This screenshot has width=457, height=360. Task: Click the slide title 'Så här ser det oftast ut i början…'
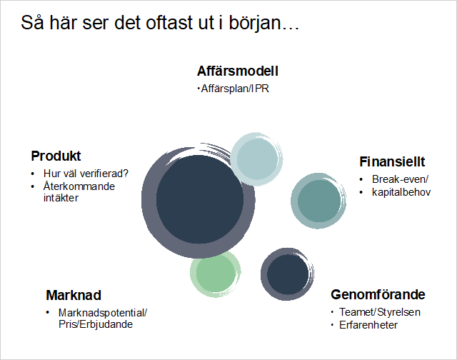coord(160,23)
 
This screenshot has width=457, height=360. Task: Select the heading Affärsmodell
coord(238,71)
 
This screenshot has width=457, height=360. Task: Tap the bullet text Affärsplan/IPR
coord(235,89)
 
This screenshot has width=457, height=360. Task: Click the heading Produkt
coord(56,156)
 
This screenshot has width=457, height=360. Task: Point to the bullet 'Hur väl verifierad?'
coord(86,174)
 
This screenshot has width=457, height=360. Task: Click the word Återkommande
coord(79,186)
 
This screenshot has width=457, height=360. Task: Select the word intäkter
coord(61,198)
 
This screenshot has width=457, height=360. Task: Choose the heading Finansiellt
coord(392,161)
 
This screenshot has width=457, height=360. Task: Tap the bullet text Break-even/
coord(400,179)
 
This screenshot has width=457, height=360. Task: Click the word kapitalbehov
coord(401,192)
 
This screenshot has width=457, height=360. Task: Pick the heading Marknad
coord(74,295)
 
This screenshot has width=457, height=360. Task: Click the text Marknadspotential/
coord(103,313)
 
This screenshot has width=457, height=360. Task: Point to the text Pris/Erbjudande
coord(96,324)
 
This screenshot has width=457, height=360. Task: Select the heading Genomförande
coord(378,295)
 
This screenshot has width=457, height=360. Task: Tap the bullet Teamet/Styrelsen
coord(380,312)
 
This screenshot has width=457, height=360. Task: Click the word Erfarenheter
coord(368,325)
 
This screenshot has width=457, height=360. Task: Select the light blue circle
coord(257,159)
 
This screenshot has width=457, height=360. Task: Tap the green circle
coord(216,274)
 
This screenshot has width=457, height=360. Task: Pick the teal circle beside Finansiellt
coord(318,201)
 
